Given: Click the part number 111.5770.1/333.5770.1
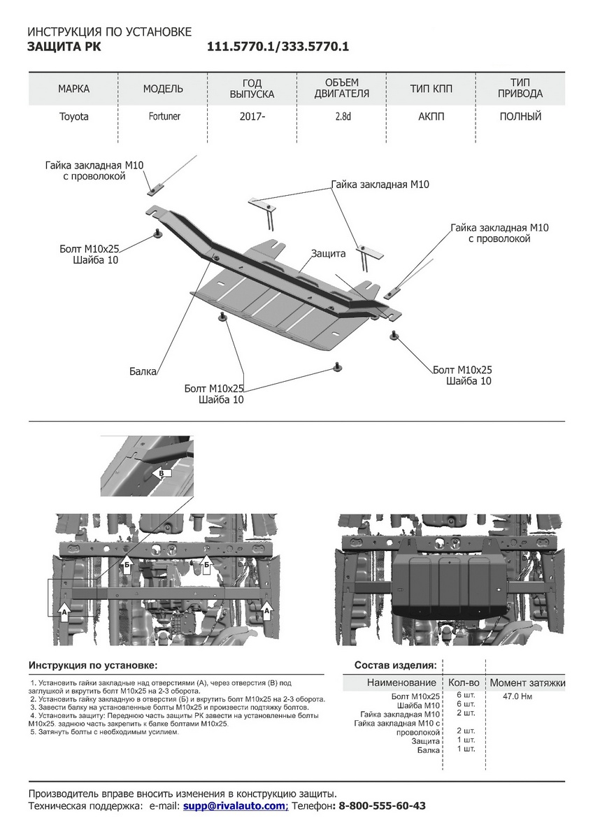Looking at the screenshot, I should [x=278, y=47].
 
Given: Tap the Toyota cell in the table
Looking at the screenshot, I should [x=73, y=117].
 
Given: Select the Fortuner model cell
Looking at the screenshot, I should [x=163, y=117].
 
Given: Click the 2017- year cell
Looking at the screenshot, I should [x=252, y=117].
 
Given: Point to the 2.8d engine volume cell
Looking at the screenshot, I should [x=342, y=117].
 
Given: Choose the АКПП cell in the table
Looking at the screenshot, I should [x=431, y=117].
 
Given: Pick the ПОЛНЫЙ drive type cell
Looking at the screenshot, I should [x=520, y=117].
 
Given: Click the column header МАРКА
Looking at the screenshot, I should [x=73, y=89].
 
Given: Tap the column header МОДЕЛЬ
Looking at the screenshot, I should [x=163, y=89].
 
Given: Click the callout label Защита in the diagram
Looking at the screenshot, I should [x=329, y=254].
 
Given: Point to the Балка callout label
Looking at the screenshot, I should [x=143, y=371].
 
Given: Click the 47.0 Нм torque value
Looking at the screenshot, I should [x=517, y=696].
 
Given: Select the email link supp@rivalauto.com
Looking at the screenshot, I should [x=235, y=806].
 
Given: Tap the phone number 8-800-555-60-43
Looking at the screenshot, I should [x=382, y=806].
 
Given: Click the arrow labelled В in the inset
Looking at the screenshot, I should [x=162, y=473].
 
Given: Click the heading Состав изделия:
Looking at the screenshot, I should [x=396, y=665].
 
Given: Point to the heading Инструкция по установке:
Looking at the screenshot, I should [x=93, y=665].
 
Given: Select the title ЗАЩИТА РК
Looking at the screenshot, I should [x=62, y=47].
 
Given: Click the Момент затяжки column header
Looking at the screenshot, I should [x=527, y=682].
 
